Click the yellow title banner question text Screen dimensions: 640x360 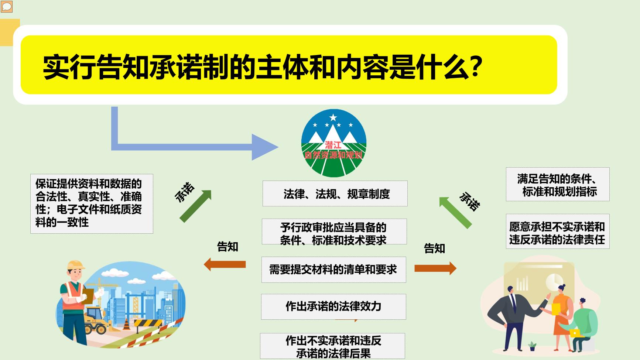[x=263, y=67]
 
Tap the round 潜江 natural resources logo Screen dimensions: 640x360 [x=333, y=144]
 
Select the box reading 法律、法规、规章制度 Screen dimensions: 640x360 [x=335, y=193]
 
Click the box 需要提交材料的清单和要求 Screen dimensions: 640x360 [x=333, y=270]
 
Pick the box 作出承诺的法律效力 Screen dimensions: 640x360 [x=333, y=306]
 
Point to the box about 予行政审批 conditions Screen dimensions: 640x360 [x=334, y=232]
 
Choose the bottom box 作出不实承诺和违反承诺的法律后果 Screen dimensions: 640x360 [x=332, y=346]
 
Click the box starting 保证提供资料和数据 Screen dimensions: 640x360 [x=92, y=203]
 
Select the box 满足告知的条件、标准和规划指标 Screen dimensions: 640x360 [x=558, y=184]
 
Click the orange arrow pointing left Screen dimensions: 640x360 [x=225, y=264]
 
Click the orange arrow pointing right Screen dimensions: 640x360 [x=435, y=268]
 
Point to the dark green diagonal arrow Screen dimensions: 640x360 [x=195, y=206]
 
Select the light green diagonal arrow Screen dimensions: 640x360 [x=455, y=213]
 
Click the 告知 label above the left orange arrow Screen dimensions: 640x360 [x=227, y=247]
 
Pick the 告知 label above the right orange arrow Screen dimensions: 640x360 [x=434, y=248]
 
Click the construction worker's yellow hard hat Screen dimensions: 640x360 [x=75, y=265]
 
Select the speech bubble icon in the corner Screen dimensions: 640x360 [x=7, y=6]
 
